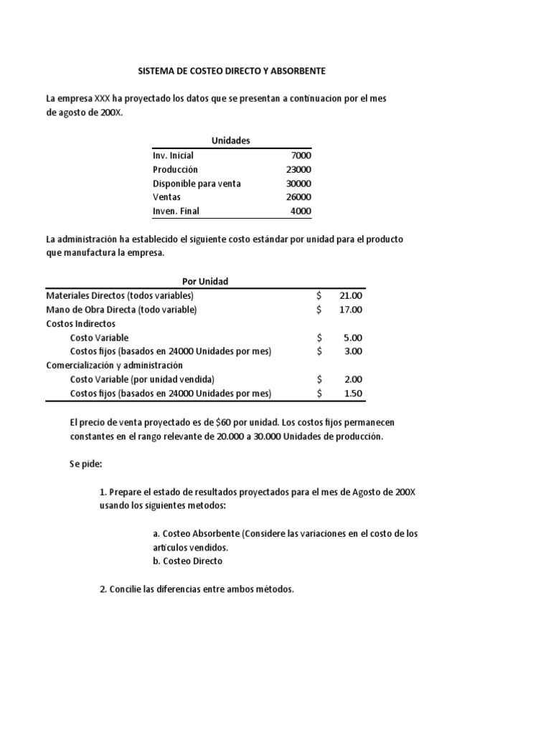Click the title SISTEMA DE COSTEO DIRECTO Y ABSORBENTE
click(x=231, y=72)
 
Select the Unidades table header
click(x=231, y=140)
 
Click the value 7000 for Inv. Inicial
click(x=300, y=156)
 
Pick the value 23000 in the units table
click(x=298, y=169)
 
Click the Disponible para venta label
click(x=197, y=183)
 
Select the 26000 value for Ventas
click(x=298, y=197)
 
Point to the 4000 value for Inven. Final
click(x=300, y=211)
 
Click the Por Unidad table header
click(x=205, y=281)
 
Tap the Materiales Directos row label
click(x=120, y=295)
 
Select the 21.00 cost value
click(x=351, y=295)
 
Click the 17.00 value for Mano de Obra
click(x=351, y=310)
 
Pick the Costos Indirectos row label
click(x=80, y=323)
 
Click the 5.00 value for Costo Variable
click(x=353, y=338)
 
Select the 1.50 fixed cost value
click(x=353, y=394)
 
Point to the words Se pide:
click(x=86, y=464)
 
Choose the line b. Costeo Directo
click(x=188, y=561)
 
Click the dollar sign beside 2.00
click(x=320, y=379)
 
